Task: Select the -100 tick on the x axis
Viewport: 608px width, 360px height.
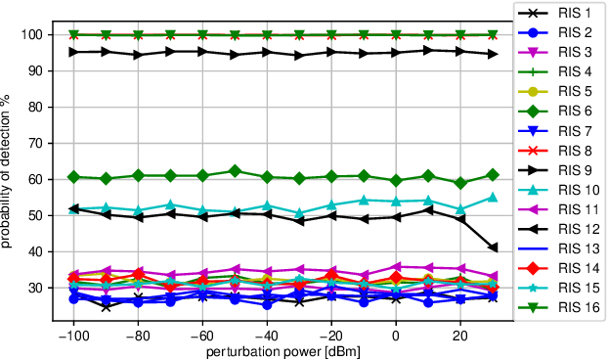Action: [73, 333]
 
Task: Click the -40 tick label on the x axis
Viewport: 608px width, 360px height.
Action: [267, 333]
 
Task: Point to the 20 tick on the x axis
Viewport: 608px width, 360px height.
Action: [459, 333]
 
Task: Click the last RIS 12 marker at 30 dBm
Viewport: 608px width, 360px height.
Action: [493, 247]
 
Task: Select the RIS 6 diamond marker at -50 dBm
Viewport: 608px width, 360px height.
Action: [235, 171]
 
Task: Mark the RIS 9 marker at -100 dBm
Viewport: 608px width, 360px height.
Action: [73, 52]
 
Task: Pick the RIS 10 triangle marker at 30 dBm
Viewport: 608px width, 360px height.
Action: [493, 198]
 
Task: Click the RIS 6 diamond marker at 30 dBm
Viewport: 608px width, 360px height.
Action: [493, 174]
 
